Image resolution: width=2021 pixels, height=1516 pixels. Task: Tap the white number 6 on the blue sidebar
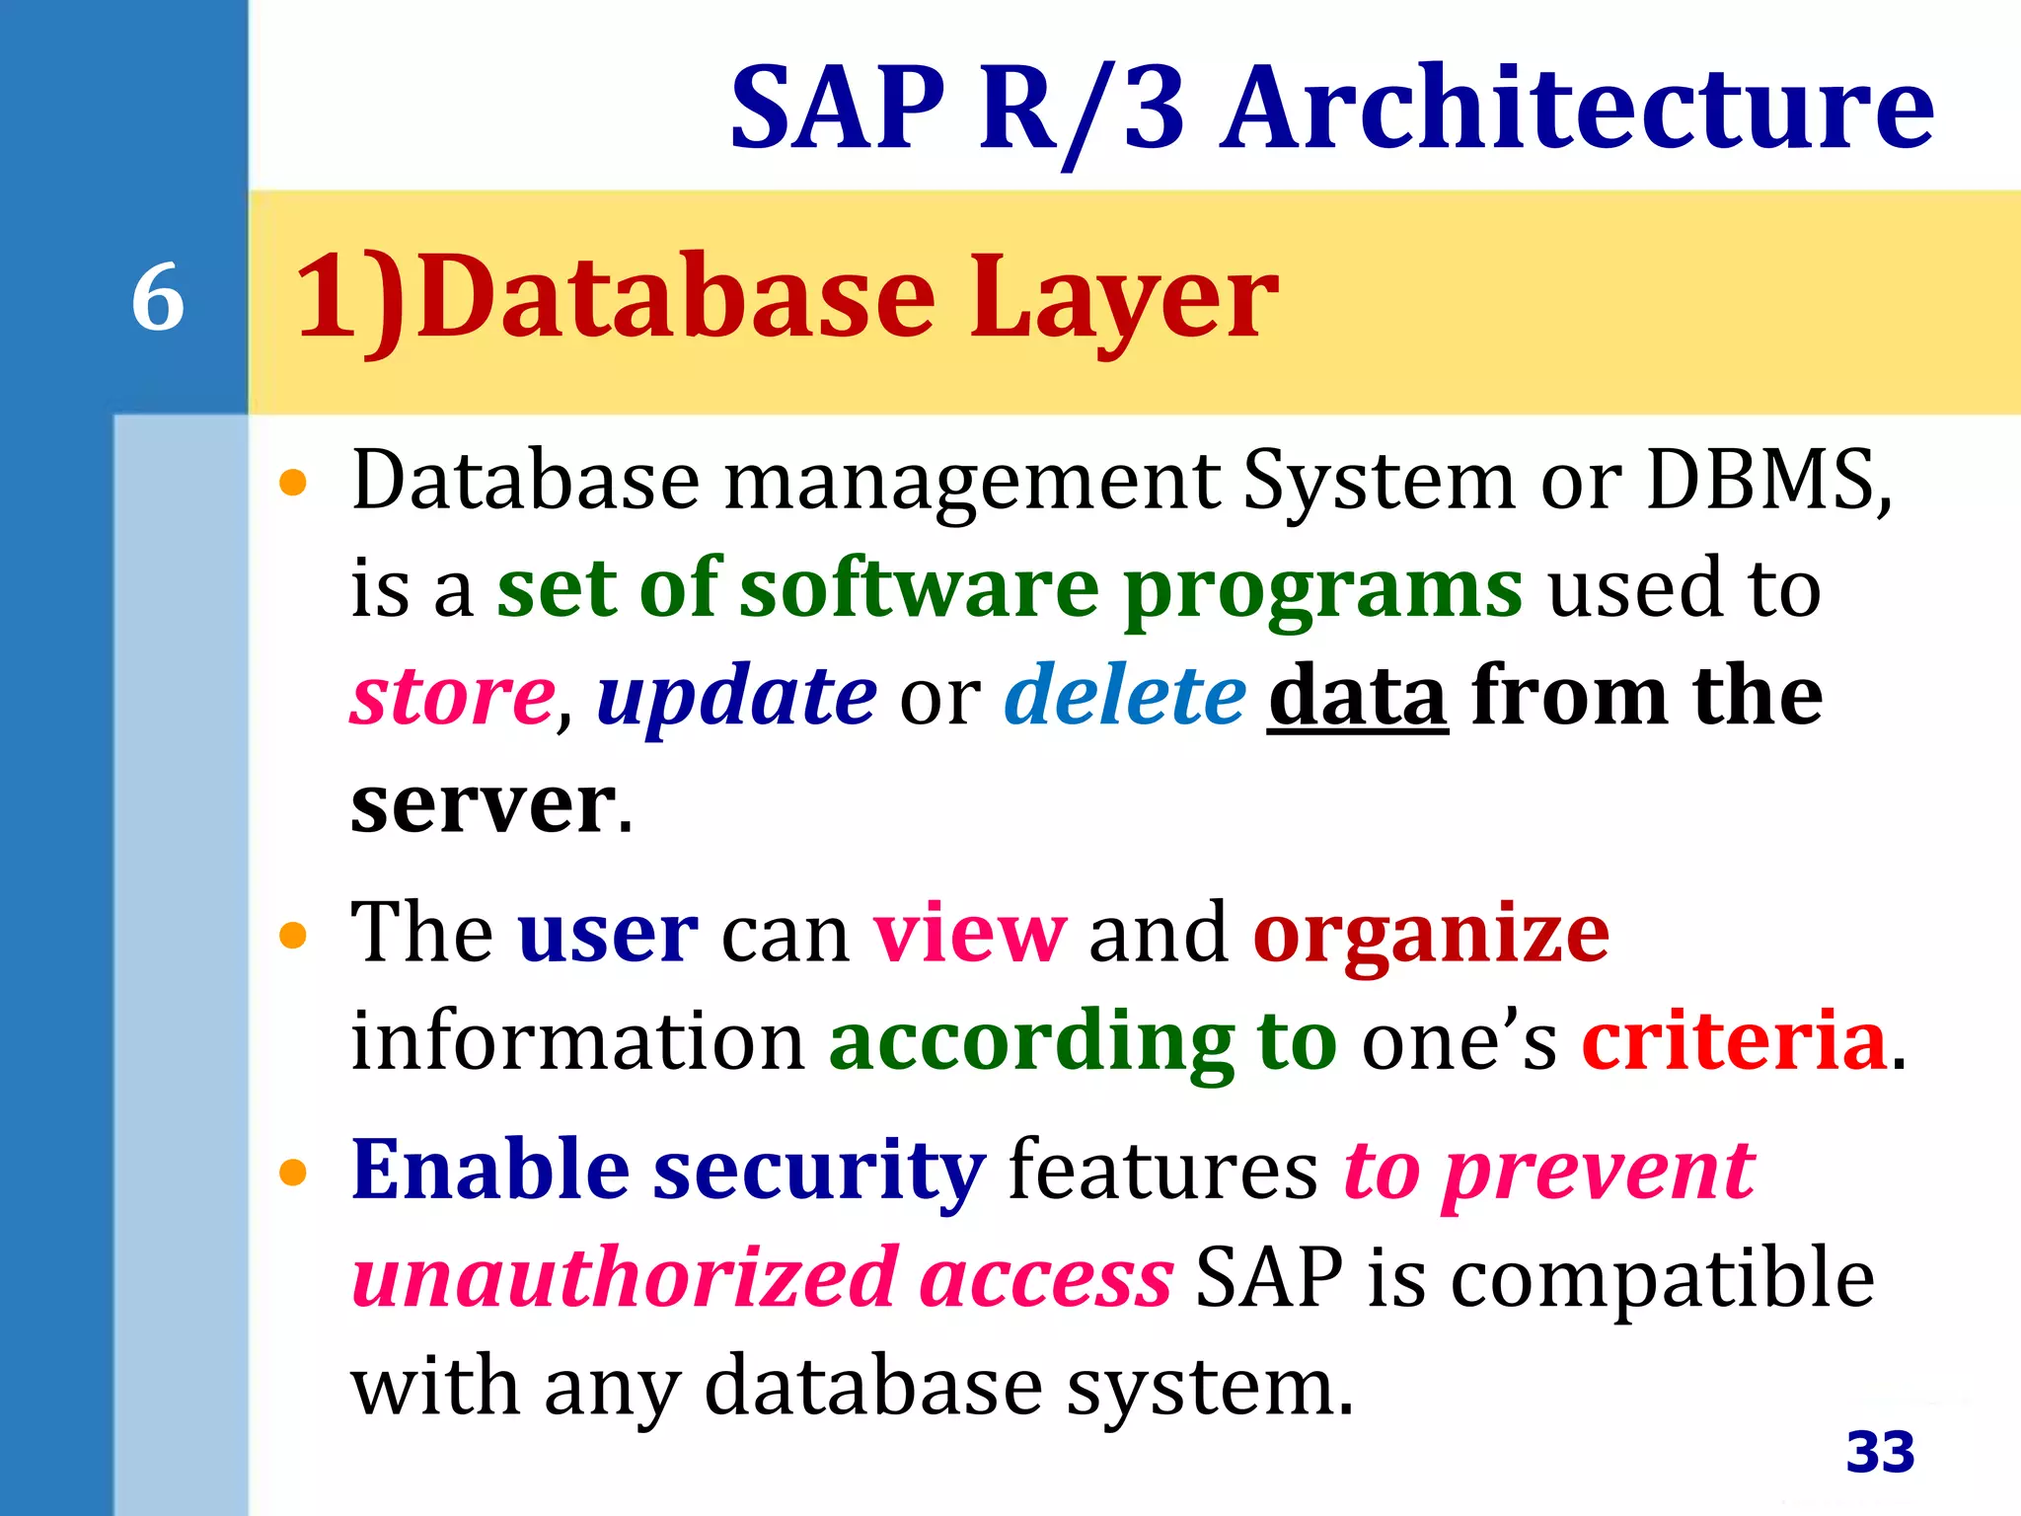(158, 297)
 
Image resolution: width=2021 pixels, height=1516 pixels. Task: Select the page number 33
(1880, 1452)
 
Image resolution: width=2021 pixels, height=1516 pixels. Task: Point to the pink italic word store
(453, 696)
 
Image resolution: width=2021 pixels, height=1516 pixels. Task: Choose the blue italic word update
(736, 696)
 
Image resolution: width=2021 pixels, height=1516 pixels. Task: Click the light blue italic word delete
(1125, 696)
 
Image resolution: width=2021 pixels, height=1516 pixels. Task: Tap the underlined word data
(1358, 696)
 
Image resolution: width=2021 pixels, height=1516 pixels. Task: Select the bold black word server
(484, 804)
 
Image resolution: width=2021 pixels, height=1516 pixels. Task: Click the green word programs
(1322, 588)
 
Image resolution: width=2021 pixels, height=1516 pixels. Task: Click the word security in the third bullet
(818, 1170)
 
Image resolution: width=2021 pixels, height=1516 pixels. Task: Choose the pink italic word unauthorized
(625, 1278)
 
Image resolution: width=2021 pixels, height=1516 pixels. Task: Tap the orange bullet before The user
(293, 935)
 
